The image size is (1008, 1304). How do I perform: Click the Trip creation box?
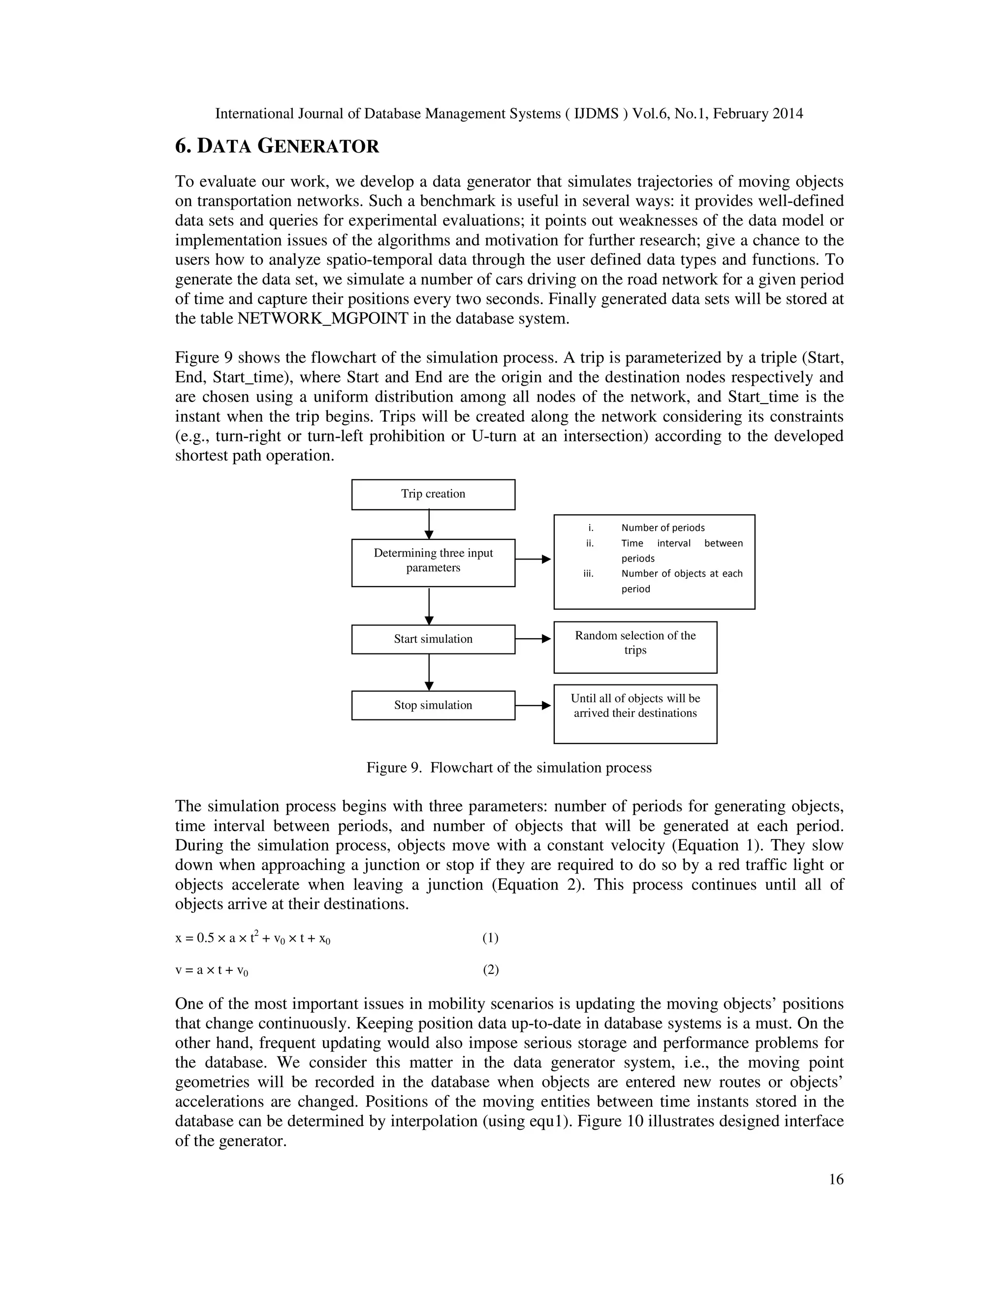(433, 495)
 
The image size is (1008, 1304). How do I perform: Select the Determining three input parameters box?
(433, 562)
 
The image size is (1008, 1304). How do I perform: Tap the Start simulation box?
(433, 639)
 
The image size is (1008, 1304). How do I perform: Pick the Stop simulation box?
(433, 705)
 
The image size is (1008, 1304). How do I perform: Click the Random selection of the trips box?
(635, 647)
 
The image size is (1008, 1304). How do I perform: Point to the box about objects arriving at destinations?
(635, 714)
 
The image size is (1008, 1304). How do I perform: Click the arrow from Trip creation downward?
(429, 524)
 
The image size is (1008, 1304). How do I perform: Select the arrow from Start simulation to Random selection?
(533, 639)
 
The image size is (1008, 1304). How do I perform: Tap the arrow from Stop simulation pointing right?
(533, 705)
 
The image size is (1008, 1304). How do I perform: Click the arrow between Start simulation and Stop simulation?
(429, 672)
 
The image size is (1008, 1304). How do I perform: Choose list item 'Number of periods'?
(663, 528)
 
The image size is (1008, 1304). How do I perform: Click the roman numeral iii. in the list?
(588, 574)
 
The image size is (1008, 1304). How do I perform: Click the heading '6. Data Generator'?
(277, 146)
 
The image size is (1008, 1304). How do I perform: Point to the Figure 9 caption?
(509, 768)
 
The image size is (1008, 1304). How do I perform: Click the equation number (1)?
(490, 938)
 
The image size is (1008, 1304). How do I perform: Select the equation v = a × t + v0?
(212, 970)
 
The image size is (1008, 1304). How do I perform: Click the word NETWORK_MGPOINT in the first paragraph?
(323, 319)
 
